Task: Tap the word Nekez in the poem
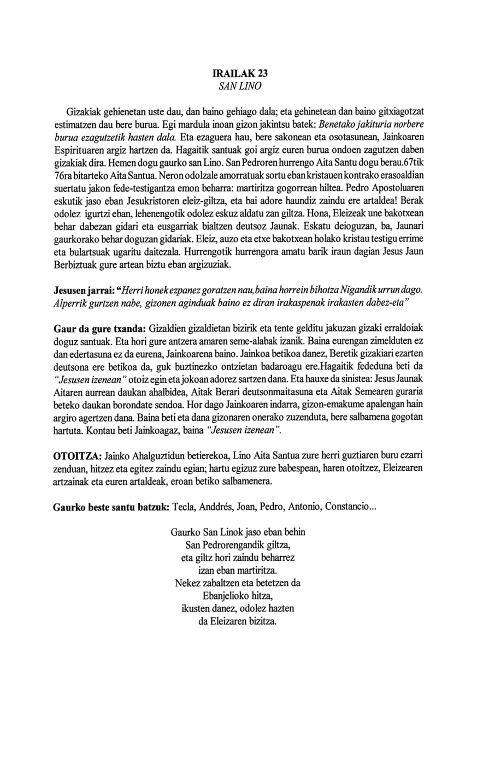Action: (x=186, y=583)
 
